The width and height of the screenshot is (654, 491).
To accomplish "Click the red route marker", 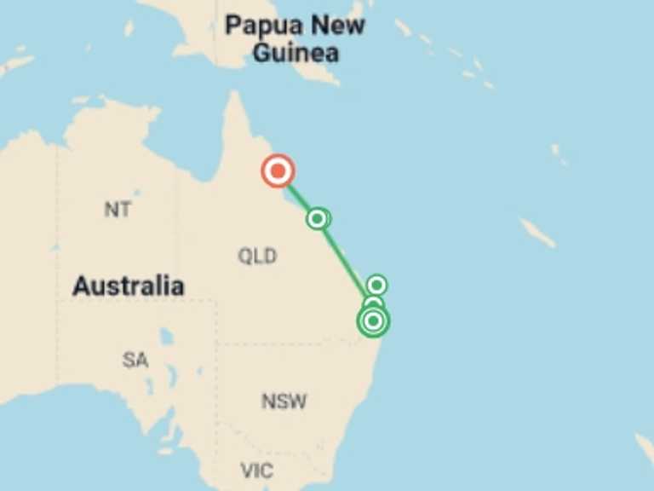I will pos(278,171).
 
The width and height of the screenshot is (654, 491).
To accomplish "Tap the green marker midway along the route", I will pos(318,219).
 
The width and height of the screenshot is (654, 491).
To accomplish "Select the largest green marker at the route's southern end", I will pos(372,321).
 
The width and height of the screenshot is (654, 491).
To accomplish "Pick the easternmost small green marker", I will pos(377,285).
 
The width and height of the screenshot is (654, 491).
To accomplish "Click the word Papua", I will pos(263,25).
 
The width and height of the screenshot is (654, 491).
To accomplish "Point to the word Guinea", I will pos(295,53).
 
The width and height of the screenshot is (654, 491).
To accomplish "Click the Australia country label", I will pos(128,286).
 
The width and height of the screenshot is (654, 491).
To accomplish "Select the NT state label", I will pos(118,209).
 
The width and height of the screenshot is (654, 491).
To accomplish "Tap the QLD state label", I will pos(256,256).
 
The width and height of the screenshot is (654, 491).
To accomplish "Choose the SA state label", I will pos(135,360).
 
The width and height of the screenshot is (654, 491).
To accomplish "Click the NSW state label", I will pos(284,401).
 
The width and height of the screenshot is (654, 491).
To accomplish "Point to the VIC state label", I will pos(256,470).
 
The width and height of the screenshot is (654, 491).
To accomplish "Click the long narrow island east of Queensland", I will pos(537,232).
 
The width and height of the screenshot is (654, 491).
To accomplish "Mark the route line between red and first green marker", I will pos(297,195).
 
